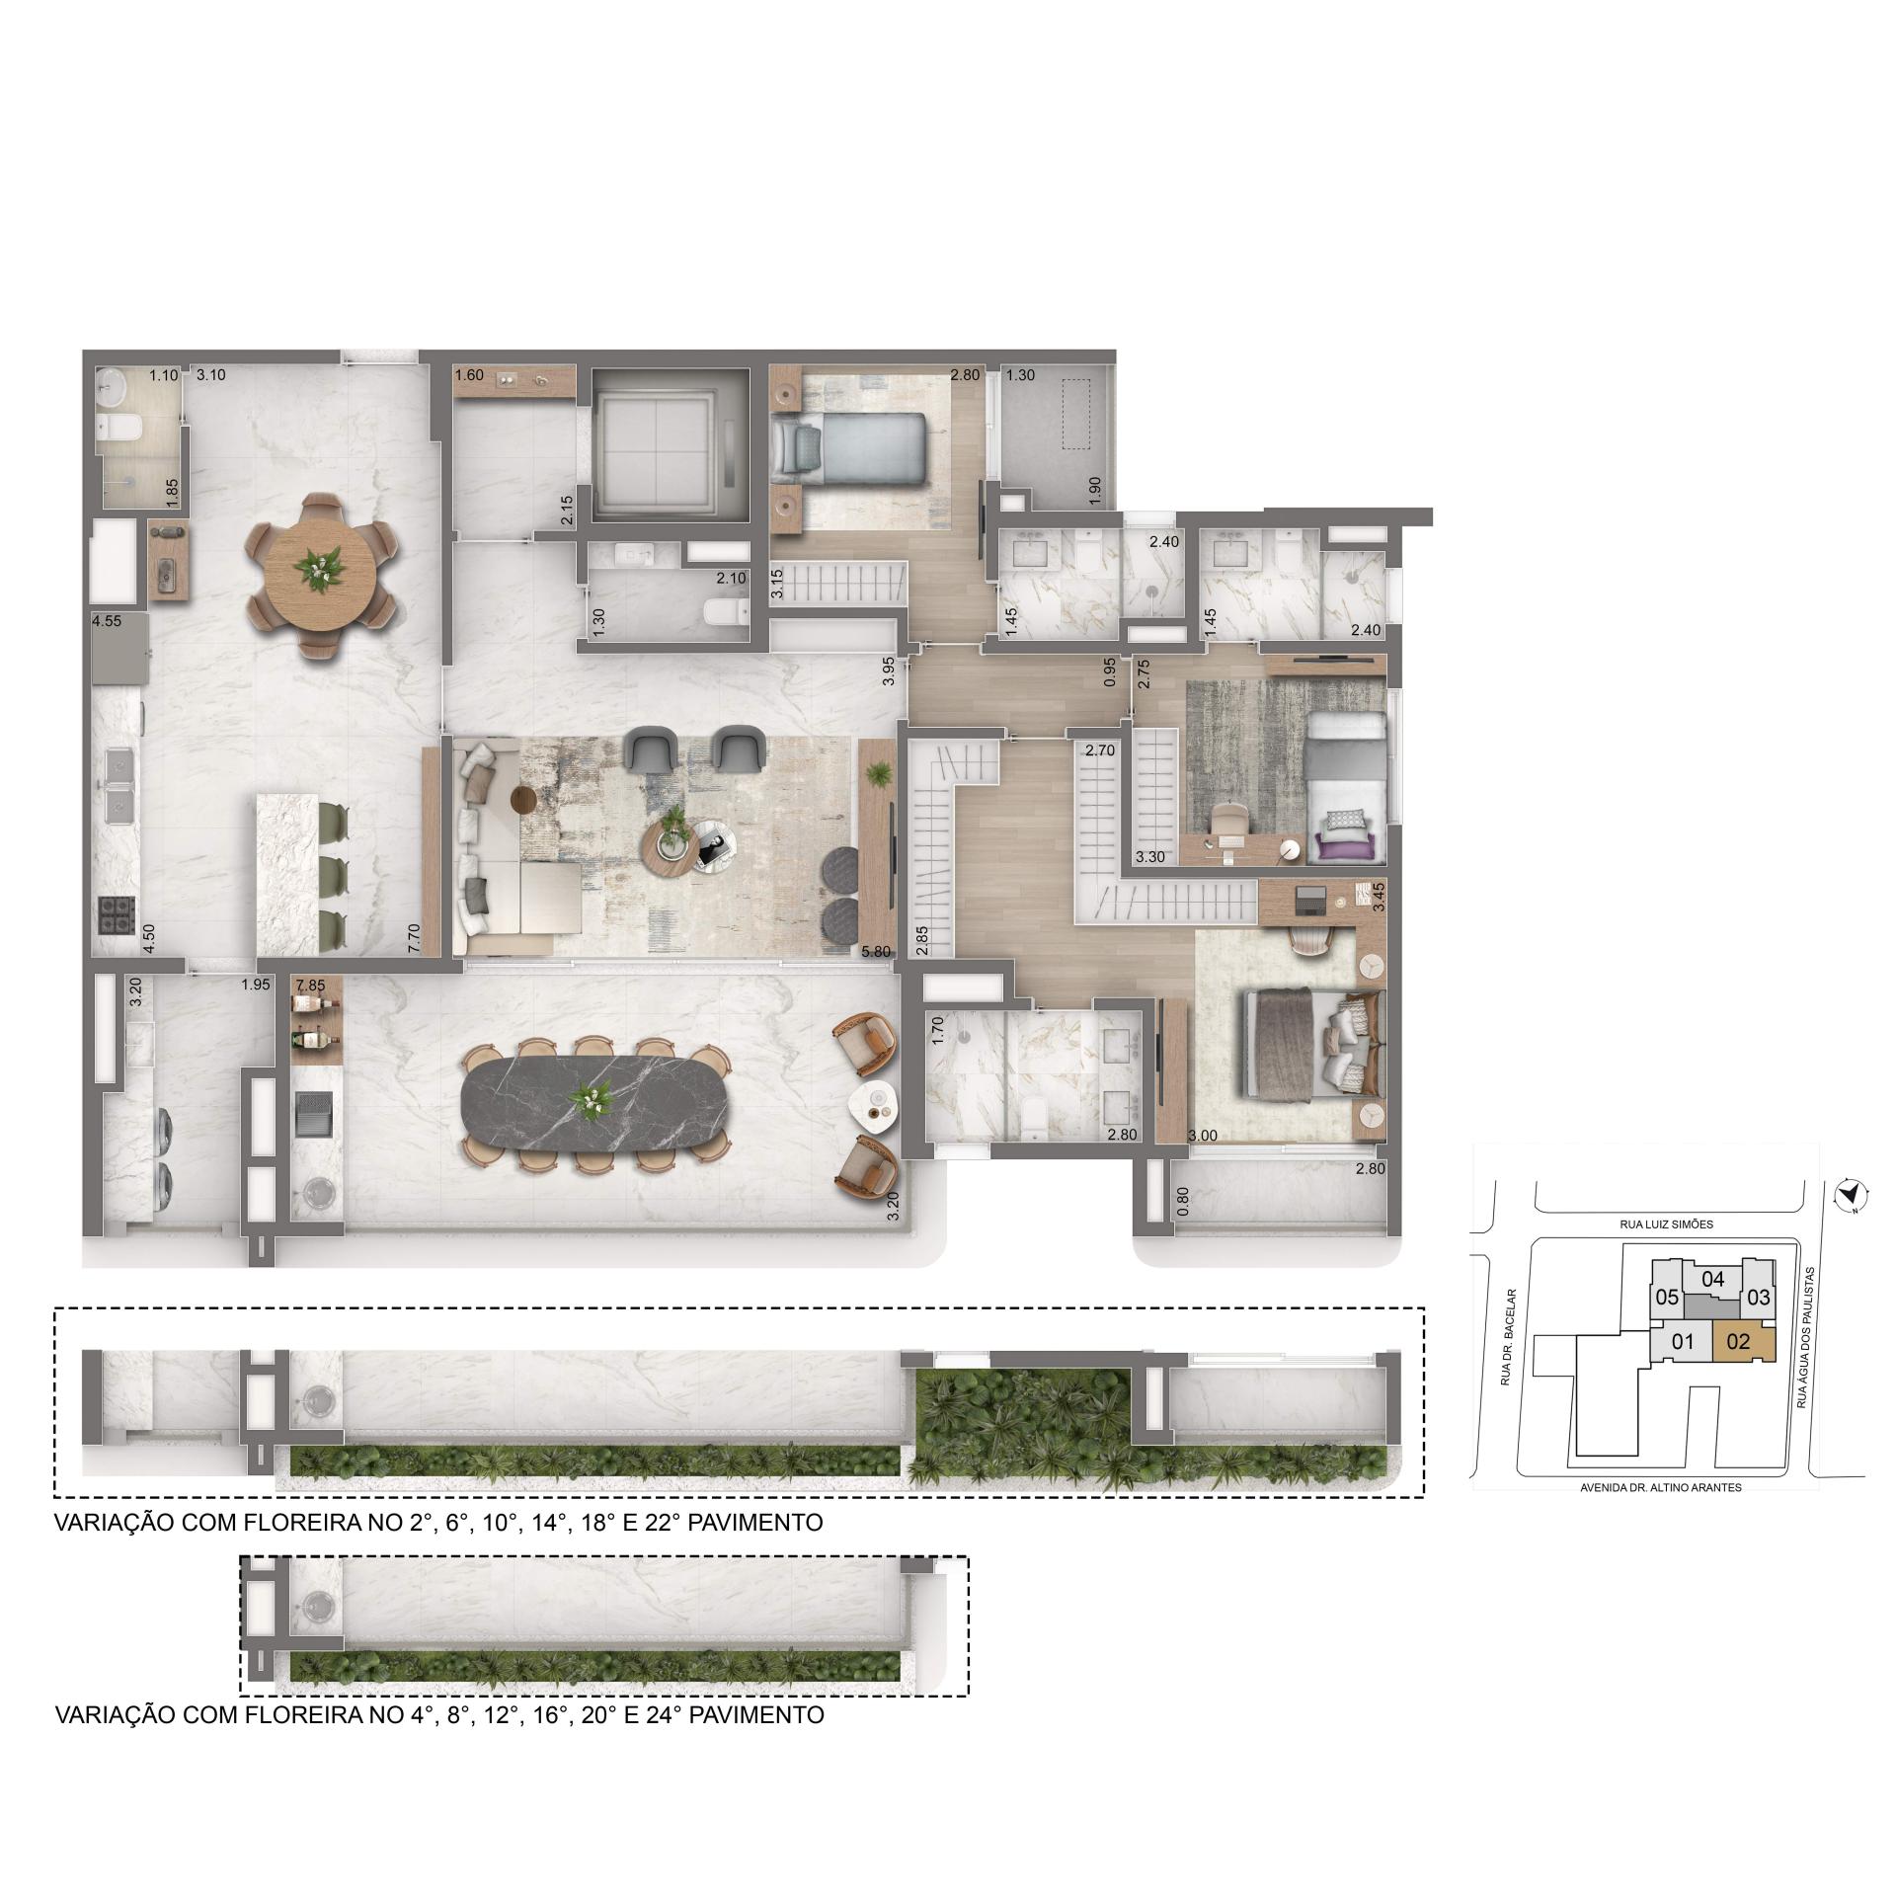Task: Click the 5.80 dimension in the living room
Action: click(876, 952)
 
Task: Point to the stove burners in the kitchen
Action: click(116, 914)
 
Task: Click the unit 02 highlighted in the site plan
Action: click(1739, 1342)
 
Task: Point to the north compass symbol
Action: click(1844, 1196)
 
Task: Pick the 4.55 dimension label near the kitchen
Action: click(107, 622)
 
